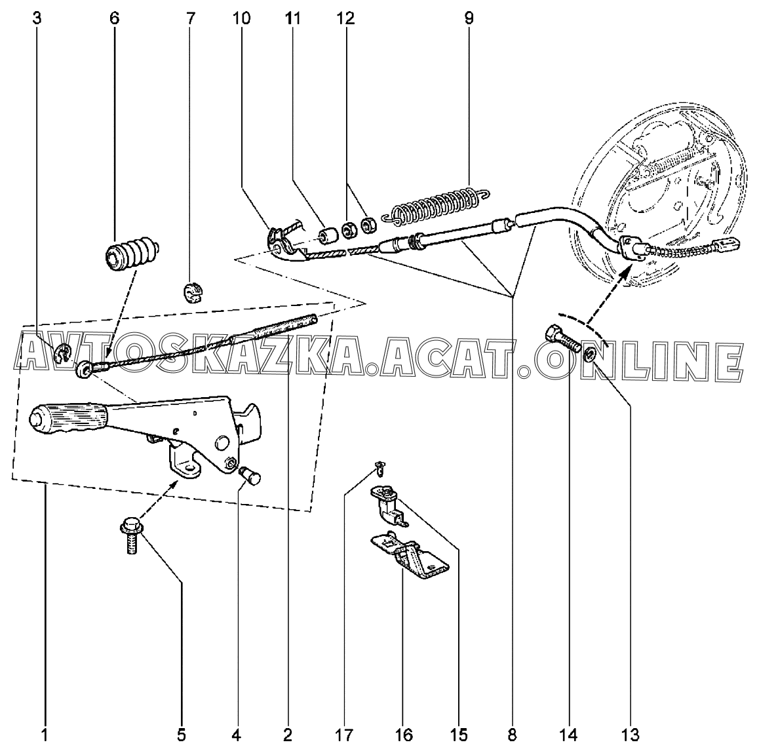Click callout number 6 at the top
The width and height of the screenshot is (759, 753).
pyautogui.click(x=114, y=18)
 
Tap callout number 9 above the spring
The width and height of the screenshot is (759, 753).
pyautogui.click(x=469, y=18)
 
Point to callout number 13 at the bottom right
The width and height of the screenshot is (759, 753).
pyautogui.click(x=630, y=735)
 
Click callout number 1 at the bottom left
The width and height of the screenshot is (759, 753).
pyautogui.click(x=44, y=735)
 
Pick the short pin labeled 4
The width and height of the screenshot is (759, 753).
pyautogui.click(x=251, y=476)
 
